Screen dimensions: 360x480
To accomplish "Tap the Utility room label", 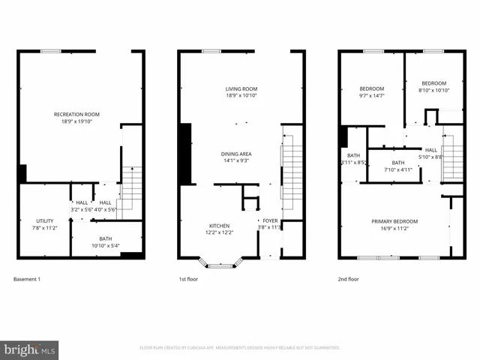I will (x=44, y=220).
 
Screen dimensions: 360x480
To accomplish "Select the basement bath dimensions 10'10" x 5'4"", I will (x=106, y=245).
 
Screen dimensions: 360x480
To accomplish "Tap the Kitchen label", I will (x=219, y=226).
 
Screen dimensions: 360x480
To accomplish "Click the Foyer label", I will (x=268, y=220).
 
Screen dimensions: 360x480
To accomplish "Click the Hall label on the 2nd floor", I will (x=431, y=150).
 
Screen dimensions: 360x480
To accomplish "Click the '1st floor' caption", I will (x=189, y=279).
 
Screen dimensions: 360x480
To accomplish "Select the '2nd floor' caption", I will (x=349, y=279).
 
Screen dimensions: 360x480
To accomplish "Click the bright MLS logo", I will (x=29, y=349).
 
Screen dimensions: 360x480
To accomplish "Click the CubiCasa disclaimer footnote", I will (x=240, y=348).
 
